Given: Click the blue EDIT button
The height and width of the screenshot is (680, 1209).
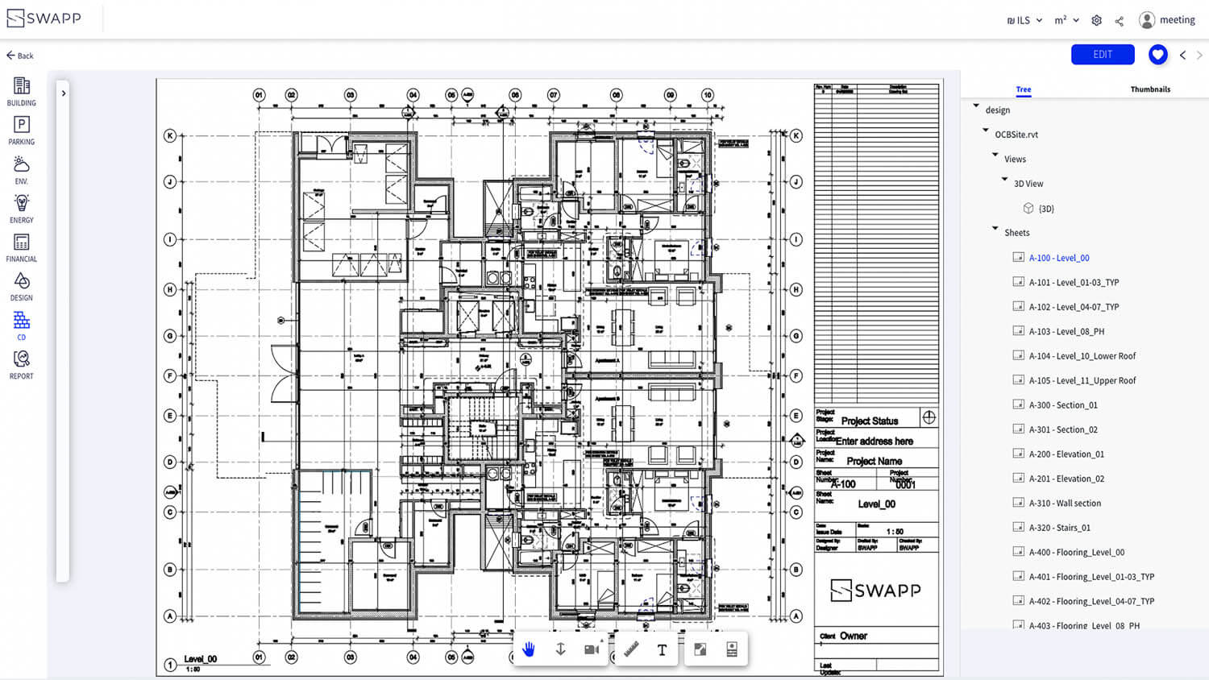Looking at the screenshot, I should tap(1102, 55).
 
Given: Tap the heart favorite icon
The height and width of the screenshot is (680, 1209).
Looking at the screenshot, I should tap(1157, 55).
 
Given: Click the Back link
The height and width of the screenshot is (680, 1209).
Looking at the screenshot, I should tap(20, 56).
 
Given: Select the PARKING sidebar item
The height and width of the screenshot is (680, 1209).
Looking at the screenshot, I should tap(22, 130).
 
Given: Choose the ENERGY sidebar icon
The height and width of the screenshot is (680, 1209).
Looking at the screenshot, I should tap(22, 208).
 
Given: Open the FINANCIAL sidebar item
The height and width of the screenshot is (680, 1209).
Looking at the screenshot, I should tap(22, 247).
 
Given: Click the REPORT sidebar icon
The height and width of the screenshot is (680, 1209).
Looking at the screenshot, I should tap(22, 364).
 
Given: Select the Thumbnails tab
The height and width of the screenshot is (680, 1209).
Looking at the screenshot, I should tap(1150, 89).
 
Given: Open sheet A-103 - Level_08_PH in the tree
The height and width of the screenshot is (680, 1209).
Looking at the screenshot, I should tap(1066, 331).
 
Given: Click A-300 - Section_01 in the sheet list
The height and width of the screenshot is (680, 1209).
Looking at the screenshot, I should tap(1063, 405).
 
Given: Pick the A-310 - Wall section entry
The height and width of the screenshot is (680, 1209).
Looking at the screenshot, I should tap(1065, 504).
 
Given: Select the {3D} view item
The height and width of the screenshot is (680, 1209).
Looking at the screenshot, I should tap(1045, 209).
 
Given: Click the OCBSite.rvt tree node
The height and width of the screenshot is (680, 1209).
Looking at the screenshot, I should tap(1016, 135).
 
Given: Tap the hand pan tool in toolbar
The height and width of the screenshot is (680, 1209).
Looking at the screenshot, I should tap(529, 649).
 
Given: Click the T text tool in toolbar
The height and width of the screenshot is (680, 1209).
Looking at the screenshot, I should tap(662, 650).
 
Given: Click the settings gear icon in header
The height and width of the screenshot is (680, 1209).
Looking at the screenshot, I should tap(1096, 21).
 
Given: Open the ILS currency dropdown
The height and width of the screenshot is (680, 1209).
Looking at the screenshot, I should tap(1024, 21).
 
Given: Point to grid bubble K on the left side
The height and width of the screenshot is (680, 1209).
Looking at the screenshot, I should tap(170, 135).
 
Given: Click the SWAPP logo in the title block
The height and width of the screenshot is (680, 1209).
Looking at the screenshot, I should tap(875, 591).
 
